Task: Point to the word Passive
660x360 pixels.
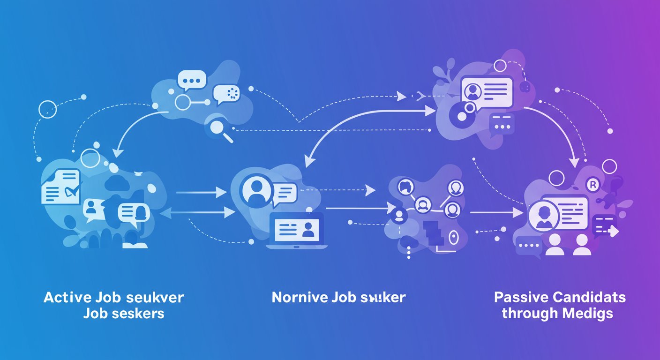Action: tap(520, 297)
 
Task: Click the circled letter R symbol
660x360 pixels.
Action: tap(593, 186)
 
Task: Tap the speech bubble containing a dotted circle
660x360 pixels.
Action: tap(227, 94)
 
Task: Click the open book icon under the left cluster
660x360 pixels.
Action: tap(135, 244)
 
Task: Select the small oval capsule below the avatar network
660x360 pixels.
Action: tap(452, 238)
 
